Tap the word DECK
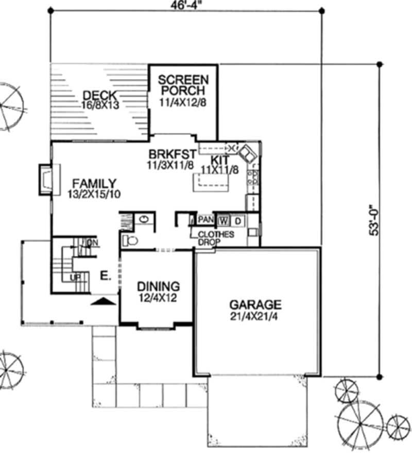[x=100, y=95]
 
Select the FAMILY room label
[x=94, y=184]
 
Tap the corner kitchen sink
[x=247, y=152]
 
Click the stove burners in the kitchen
[x=253, y=178]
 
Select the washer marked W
[x=224, y=221]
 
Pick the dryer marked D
[x=237, y=221]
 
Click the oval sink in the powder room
[x=144, y=219]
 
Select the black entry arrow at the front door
[x=103, y=301]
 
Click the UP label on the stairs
[x=74, y=278]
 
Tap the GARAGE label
[x=255, y=304]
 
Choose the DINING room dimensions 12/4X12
[x=158, y=297]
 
